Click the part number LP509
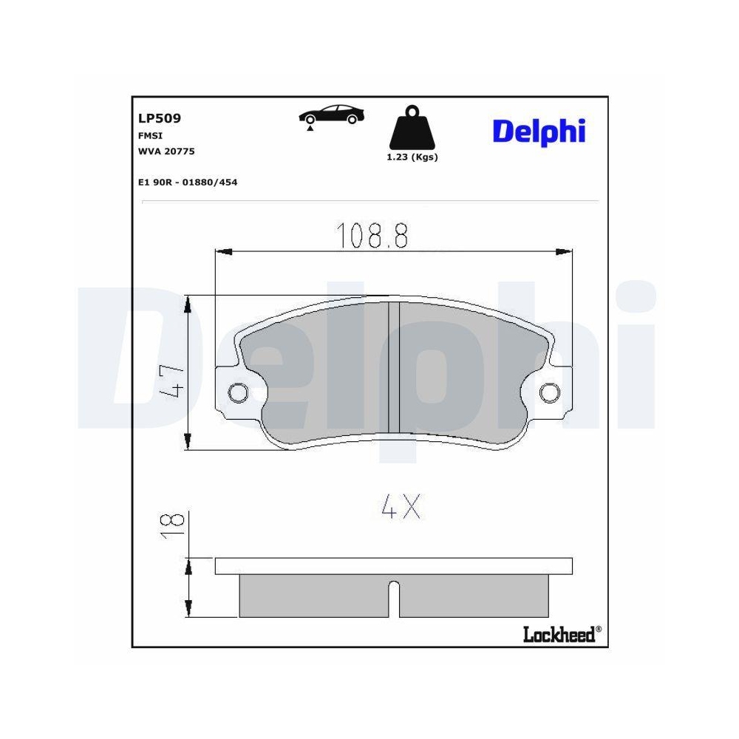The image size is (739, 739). tap(160, 118)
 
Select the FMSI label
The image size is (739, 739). tap(150, 136)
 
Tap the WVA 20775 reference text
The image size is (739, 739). tap(166, 151)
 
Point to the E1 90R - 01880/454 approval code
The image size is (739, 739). tap(188, 182)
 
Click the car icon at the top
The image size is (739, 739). tap(332, 114)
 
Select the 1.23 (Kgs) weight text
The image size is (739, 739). tap(412, 157)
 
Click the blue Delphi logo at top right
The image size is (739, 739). tap(539, 131)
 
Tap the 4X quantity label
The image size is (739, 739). tap(401, 506)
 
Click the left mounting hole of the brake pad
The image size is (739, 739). tap(239, 392)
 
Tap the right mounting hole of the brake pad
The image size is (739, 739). tap(549, 392)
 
